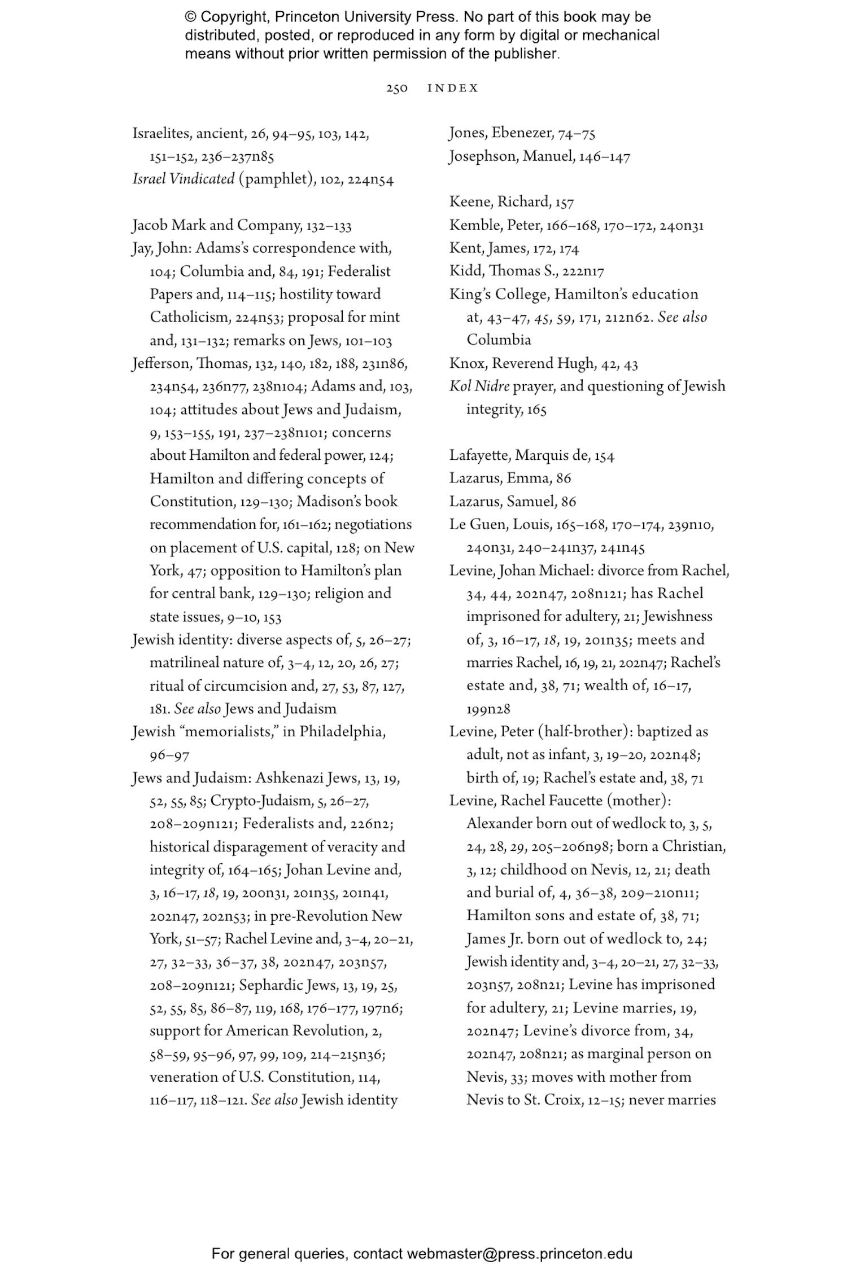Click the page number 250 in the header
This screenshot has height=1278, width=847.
coord(396,89)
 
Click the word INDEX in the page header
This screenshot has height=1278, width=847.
coord(453,89)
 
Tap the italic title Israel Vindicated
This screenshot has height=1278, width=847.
coord(183,179)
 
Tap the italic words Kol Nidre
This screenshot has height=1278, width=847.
coord(479,387)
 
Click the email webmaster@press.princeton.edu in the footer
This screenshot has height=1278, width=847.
coord(519,1254)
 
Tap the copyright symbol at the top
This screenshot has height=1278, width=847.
coord(190,17)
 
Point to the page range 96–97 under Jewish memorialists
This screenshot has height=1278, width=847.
coord(169,755)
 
